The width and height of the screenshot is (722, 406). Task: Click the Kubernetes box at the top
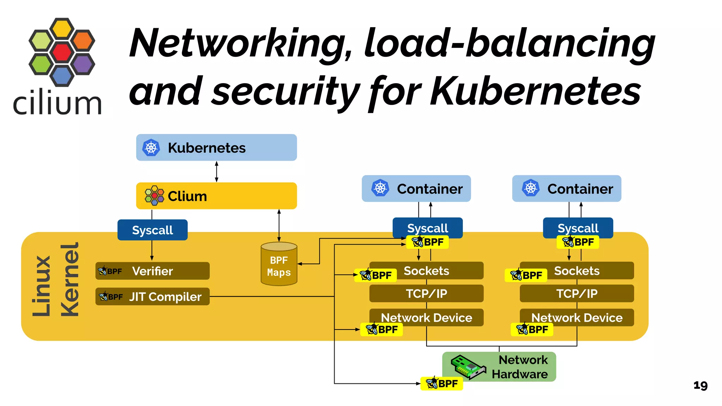216,147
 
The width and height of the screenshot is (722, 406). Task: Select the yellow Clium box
216,196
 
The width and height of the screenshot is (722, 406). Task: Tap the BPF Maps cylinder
279,264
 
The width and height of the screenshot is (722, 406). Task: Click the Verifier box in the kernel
152,271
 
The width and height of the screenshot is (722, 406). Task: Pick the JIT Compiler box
152,297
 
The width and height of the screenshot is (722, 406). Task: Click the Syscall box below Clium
152,230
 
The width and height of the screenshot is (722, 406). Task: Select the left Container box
416,189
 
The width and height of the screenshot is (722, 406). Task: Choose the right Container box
567,189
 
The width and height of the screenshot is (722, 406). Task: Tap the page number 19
700,385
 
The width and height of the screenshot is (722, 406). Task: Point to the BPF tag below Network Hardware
441,383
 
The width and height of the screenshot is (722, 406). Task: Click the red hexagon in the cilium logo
62,52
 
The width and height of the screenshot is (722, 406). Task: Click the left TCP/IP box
426,294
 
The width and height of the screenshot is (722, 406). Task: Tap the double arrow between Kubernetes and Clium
216,172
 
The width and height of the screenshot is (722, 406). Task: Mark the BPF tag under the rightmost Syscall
577,242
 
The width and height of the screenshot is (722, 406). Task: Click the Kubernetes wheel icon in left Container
380,188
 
